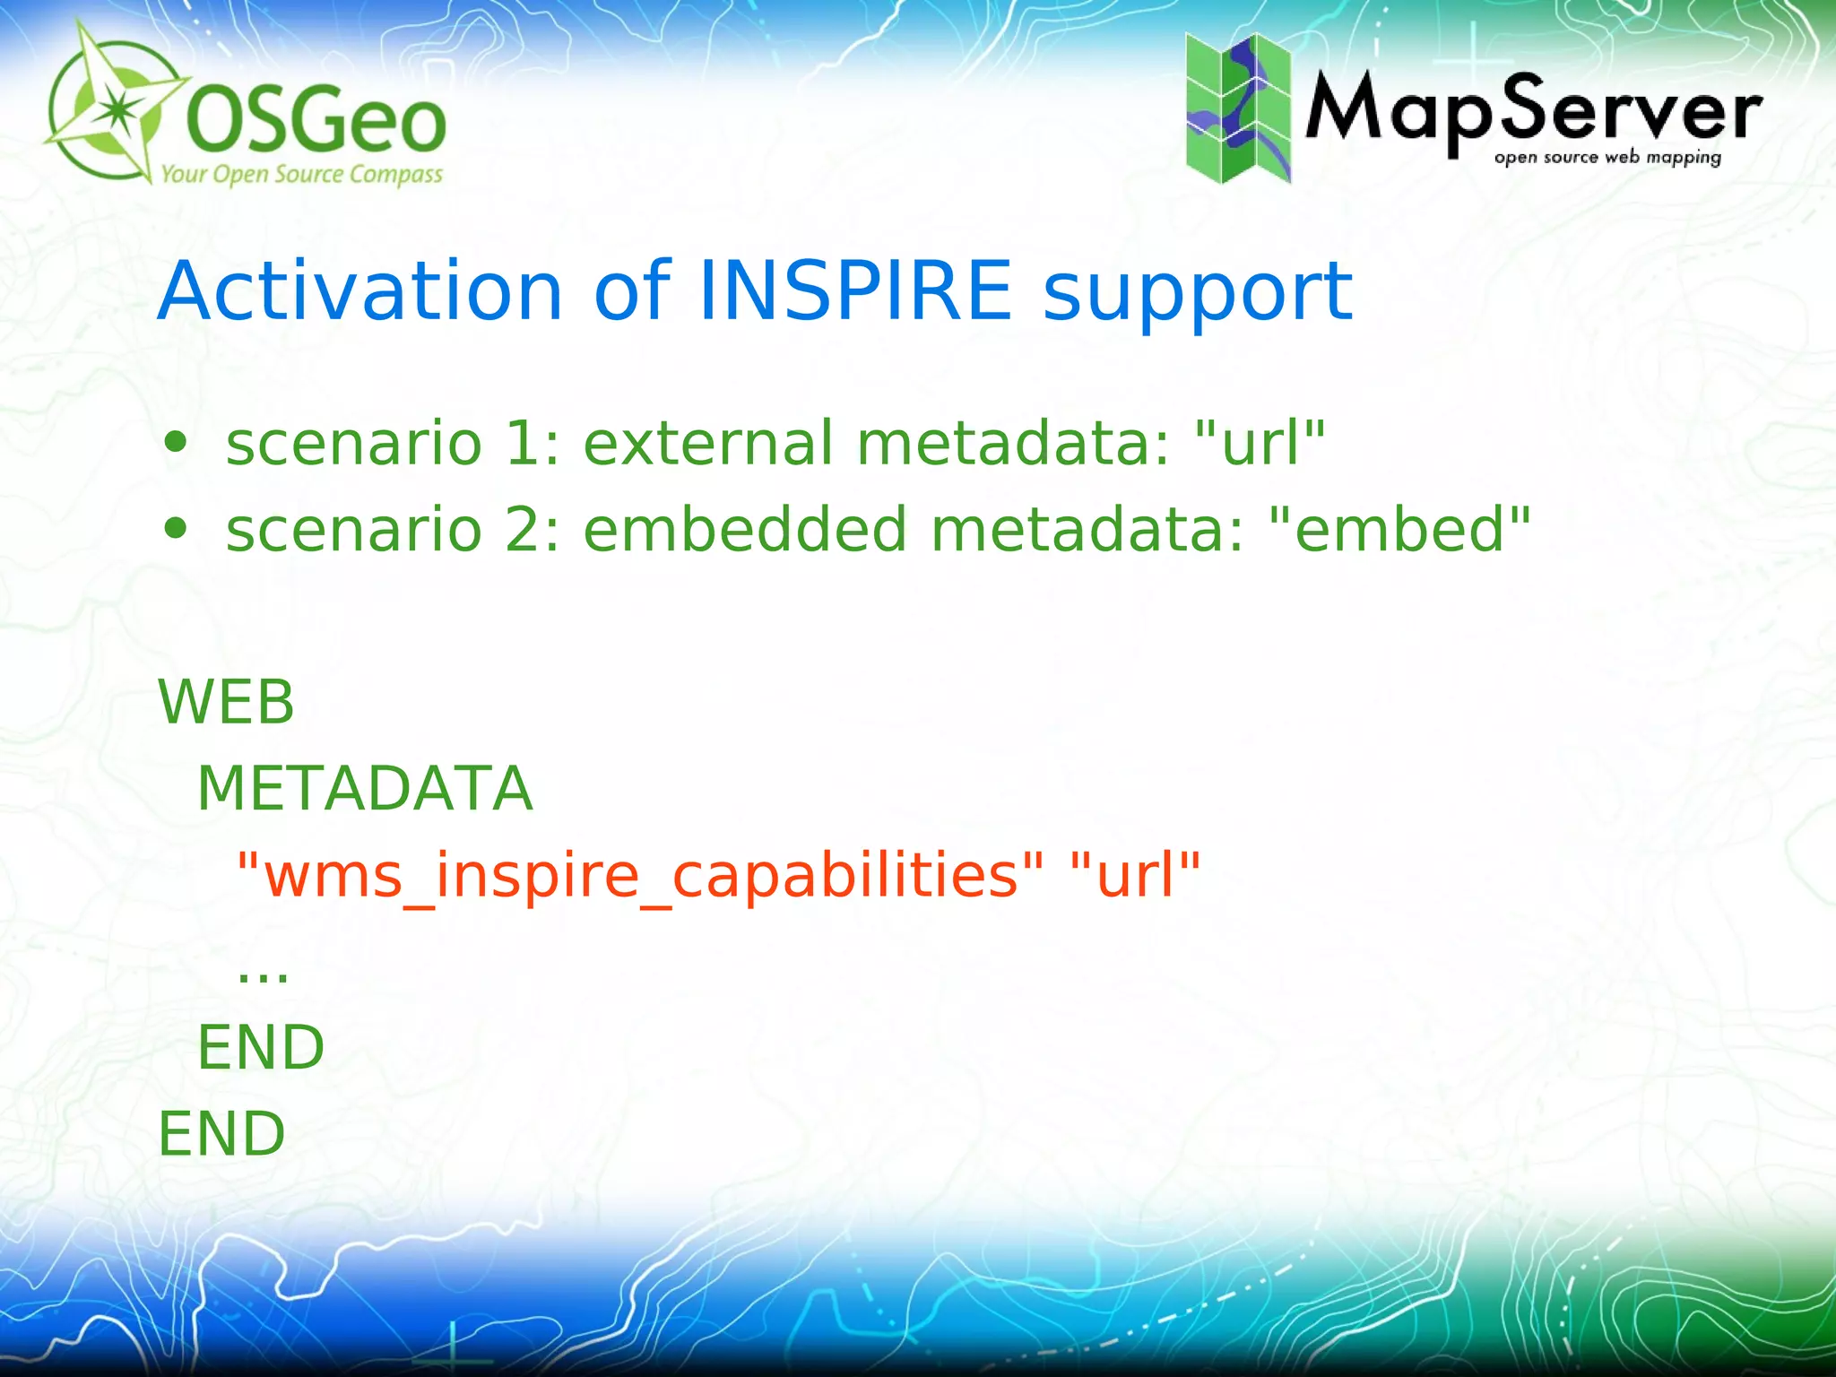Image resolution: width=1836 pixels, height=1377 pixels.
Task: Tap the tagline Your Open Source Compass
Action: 301,174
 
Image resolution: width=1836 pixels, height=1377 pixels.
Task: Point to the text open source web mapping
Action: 1606,158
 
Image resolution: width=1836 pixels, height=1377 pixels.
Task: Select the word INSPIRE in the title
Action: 854,290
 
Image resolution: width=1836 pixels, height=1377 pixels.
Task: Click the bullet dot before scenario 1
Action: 176,442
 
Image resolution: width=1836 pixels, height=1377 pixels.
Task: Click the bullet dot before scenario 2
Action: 176,529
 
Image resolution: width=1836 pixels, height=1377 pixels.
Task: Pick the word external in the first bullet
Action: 708,443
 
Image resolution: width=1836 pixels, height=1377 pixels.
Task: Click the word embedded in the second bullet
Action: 745,529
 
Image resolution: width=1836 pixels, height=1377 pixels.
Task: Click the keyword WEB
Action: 226,702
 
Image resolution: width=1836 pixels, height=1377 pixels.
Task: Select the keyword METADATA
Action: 364,789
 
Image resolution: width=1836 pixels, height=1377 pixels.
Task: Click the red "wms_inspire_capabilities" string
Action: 640,875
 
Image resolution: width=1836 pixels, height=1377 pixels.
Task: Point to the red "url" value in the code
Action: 1135,875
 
